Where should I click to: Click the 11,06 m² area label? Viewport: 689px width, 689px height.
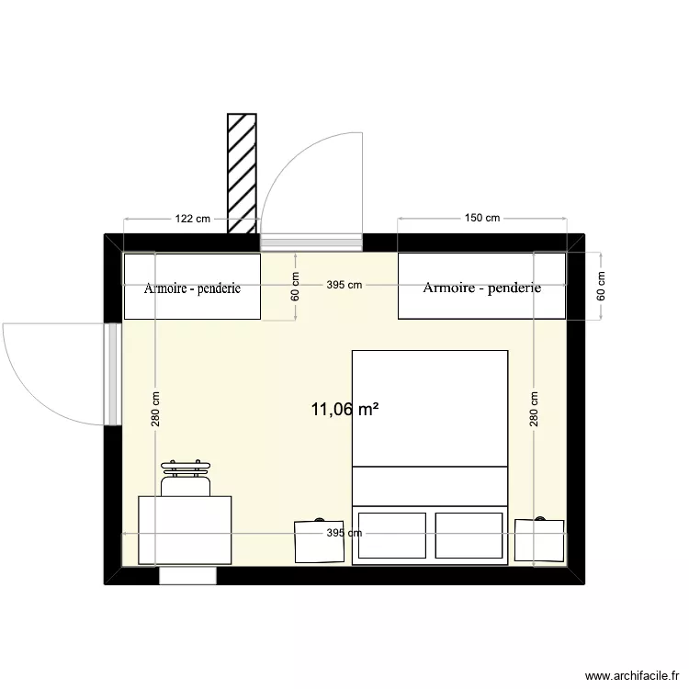(345, 410)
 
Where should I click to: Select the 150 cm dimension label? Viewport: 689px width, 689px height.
(481, 219)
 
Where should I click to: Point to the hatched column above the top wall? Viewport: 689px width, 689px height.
(242, 174)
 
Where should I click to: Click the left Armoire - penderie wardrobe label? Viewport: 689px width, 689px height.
(192, 288)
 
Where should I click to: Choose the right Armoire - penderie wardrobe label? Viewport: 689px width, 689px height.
(481, 288)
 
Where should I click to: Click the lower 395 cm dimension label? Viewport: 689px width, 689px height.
(344, 533)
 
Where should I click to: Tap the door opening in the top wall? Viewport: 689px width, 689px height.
(311, 243)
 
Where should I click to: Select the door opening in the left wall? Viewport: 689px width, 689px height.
(112, 374)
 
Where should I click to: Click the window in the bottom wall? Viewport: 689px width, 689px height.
(187, 576)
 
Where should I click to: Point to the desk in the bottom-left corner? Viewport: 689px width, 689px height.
(185, 529)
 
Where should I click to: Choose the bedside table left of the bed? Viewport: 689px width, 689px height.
(319, 541)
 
